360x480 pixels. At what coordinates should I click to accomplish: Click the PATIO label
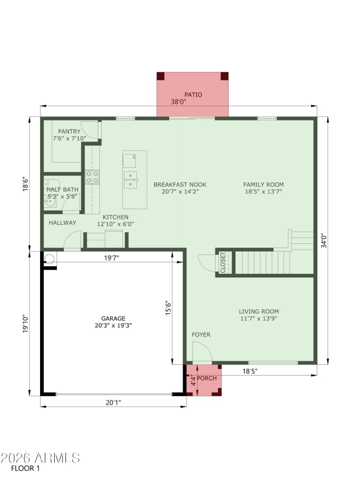click(x=193, y=94)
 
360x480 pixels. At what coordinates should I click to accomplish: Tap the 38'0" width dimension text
click(x=179, y=102)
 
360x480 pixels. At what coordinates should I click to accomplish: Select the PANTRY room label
click(x=69, y=131)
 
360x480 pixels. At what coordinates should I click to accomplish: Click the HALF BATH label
click(x=63, y=189)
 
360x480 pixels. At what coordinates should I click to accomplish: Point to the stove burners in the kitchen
click(x=92, y=177)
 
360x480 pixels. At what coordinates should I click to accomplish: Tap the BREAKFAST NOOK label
click(x=180, y=184)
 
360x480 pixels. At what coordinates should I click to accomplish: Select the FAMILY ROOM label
click(x=263, y=184)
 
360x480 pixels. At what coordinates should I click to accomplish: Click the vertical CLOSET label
click(x=223, y=262)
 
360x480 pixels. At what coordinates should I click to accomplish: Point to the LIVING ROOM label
click(x=258, y=311)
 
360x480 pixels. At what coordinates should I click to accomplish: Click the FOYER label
click(x=201, y=335)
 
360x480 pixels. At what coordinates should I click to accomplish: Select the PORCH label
click(x=207, y=378)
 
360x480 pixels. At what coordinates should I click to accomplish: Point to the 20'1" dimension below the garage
click(x=113, y=403)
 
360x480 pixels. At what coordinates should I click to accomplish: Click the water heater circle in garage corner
click(x=49, y=258)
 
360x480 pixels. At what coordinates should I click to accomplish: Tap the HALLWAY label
click(x=63, y=223)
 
